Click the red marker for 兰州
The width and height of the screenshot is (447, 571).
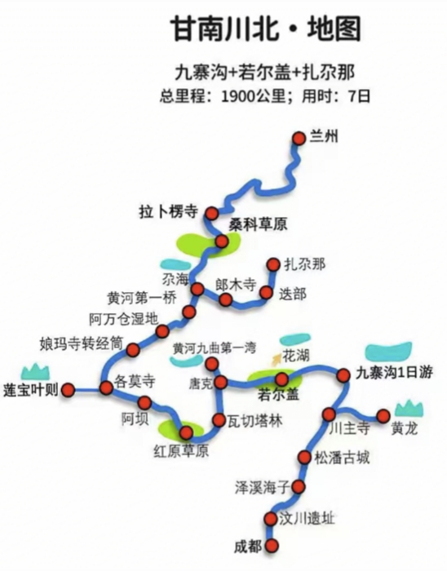click(299, 139)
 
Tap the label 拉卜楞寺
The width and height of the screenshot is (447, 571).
click(169, 211)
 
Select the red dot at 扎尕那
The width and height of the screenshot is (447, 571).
click(273, 264)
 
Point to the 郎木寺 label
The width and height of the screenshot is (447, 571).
click(236, 285)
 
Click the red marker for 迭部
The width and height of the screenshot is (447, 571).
click(266, 292)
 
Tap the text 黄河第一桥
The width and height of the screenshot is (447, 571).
click(142, 299)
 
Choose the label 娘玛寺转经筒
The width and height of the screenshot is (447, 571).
click(82, 343)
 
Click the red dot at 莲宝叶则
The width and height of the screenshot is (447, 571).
click(68, 390)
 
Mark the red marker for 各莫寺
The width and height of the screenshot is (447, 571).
click(106, 387)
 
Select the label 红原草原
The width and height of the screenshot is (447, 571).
click(181, 452)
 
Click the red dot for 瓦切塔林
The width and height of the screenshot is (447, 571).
click(219, 420)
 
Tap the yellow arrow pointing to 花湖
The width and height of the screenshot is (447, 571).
click(277, 359)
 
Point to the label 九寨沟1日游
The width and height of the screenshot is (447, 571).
click(394, 373)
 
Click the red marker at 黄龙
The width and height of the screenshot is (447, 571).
click(383, 416)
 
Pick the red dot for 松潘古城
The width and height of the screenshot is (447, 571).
click(305, 457)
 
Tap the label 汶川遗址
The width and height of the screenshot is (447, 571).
click(306, 519)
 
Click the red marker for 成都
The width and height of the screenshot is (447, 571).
click(271, 546)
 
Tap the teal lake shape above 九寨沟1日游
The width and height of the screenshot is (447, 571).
click(389, 352)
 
